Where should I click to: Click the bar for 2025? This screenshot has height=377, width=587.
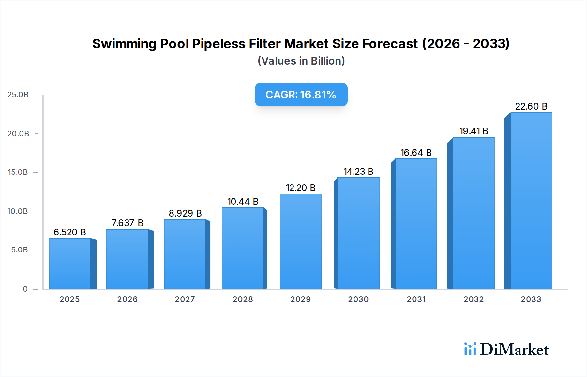pyautogui.click(x=70, y=264)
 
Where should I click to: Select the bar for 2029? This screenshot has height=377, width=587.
pyautogui.click(x=300, y=241)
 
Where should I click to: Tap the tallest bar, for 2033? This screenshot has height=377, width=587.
pyautogui.click(x=531, y=201)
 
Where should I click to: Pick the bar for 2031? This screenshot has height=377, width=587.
pyautogui.click(x=416, y=224)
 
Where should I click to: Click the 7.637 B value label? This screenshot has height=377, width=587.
pyautogui.click(x=128, y=223)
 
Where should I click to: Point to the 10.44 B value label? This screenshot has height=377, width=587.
pyautogui.click(x=243, y=202)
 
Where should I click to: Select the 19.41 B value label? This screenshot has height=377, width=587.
pyautogui.click(x=474, y=131)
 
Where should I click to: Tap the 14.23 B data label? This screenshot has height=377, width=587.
pyautogui.click(x=358, y=172)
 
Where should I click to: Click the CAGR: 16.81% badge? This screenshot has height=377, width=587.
pyautogui.click(x=301, y=95)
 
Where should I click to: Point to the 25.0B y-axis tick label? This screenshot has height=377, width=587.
pyautogui.click(x=18, y=95)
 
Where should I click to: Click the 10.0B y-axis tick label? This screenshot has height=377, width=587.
pyautogui.click(x=18, y=211)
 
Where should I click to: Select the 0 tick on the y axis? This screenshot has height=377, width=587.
pyautogui.click(x=25, y=289)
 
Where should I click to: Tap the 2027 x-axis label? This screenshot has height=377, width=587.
pyautogui.click(x=185, y=299)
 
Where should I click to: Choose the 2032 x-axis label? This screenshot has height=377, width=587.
pyautogui.click(x=474, y=299)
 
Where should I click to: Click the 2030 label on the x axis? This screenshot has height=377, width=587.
pyautogui.click(x=358, y=299)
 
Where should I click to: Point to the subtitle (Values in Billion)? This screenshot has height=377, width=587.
pyautogui.click(x=301, y=61)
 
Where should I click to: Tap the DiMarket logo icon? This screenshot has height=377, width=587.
pyautogui.click(x=470, y=349)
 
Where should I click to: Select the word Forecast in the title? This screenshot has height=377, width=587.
pyautogui.click(x=390, y=44)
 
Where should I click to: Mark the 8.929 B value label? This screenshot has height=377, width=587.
pyautogui.click(x=185, y=213)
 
